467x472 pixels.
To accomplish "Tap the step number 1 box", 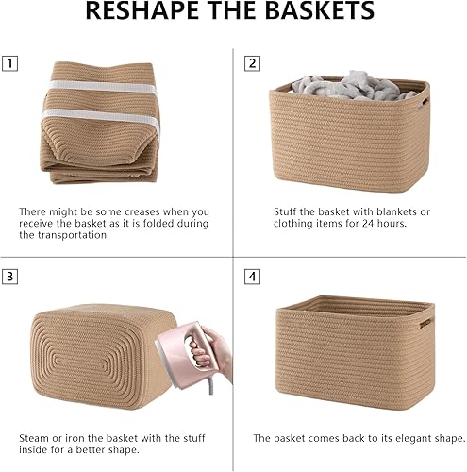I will (10, 64).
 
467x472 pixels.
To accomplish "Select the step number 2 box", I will (252, 64).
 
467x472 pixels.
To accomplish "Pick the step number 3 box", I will (10, 278).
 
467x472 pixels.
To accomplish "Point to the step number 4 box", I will (252, 278).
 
